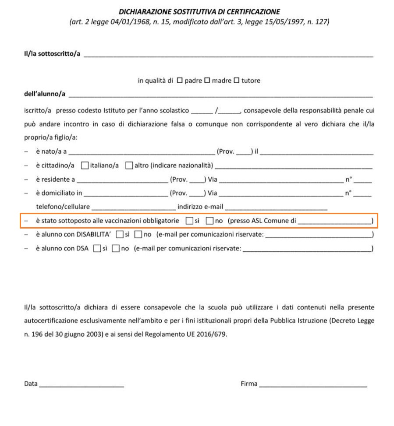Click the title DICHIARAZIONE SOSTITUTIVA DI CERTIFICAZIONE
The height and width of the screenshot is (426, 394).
click(199, 12)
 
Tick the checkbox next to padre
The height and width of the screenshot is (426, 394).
click(179, 81)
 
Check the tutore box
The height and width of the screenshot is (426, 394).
click(237, 81)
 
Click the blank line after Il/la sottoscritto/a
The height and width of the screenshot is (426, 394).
click(228, 56)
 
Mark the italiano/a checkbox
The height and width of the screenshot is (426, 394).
click(85, 165)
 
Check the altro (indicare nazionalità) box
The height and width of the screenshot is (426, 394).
click(129, 165)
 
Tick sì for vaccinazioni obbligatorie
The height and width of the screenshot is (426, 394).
click(189, 221)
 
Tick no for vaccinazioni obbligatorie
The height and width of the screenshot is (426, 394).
click(209, 221)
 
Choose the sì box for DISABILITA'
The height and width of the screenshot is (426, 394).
click(119, 235)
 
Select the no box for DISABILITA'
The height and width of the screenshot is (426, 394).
click(138, 235)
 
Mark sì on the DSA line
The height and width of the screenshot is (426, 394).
click(97, 249)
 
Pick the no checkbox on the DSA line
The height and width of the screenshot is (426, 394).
click(116, 249)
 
